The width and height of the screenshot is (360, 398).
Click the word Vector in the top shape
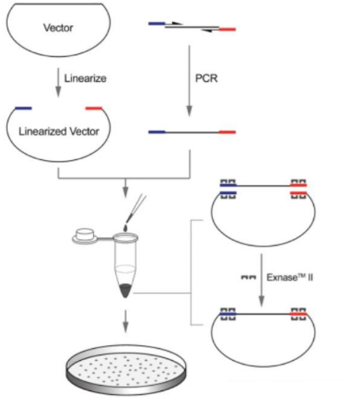(58, 27)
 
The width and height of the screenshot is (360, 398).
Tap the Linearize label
(85, 78)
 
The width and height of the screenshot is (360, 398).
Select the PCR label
(206, 78)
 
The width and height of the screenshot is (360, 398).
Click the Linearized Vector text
(59, 131)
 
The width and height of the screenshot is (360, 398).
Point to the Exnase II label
(290, 277)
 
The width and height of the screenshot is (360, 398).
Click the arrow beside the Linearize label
(58, 83)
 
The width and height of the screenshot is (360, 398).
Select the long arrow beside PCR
(189, 81)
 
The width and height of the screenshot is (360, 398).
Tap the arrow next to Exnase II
(261, 280)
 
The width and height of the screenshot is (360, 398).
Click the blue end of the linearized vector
(23, 108)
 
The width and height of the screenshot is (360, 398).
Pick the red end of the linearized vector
(94, 108)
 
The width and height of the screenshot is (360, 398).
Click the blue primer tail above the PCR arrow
(157, 24)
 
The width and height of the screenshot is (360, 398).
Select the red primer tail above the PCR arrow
(227, 30)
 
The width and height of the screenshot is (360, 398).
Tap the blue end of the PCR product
(157, 132)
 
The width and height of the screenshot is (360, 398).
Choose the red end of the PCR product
(227, 132)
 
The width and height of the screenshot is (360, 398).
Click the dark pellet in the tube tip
(125, 290)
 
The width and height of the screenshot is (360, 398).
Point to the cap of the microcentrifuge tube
(84, 237)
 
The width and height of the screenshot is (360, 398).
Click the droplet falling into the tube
(126, 227)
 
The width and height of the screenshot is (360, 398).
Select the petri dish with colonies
(126, 370)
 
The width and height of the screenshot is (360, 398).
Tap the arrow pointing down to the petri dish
(125, 321)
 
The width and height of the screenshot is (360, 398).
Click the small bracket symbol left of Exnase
(249, 277)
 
